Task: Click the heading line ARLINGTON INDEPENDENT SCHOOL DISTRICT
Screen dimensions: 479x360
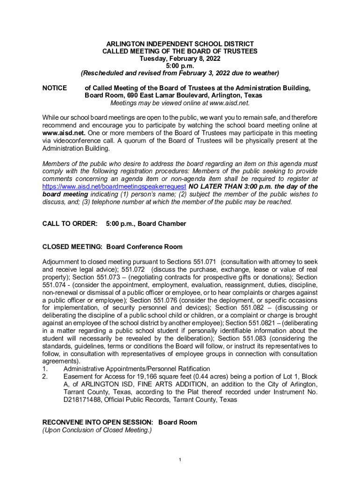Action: tap(180, 44)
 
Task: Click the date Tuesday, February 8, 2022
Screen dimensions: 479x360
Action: tap(180, 58)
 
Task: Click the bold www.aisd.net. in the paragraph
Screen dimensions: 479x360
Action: tap(63, 133)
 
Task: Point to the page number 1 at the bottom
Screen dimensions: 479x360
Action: tap(180, 460)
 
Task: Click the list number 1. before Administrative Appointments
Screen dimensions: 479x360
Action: tap(45, 369)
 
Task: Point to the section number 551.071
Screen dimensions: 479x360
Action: tap(205, 262)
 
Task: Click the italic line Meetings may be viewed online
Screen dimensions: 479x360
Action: tap(180, 103)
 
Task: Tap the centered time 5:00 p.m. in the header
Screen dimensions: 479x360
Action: tap(180, 65)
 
